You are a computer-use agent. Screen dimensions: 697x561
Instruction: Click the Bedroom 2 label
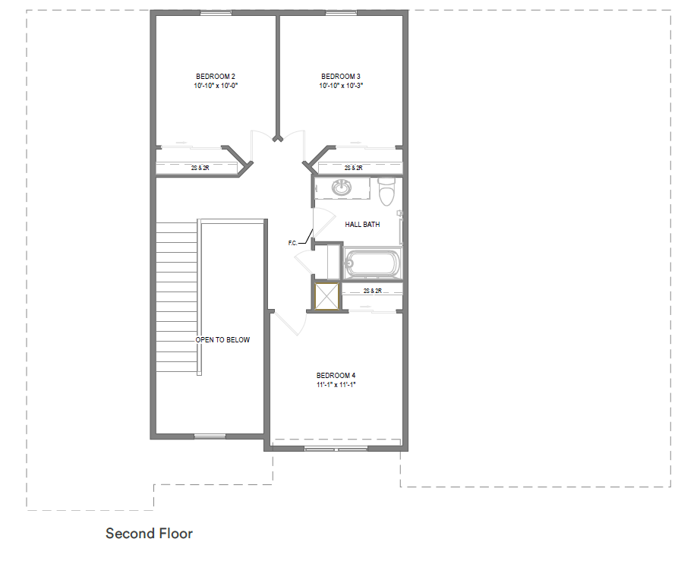click(x=216, y=77)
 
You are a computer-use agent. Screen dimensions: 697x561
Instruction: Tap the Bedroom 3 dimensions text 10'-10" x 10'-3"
click(x=341, y=86)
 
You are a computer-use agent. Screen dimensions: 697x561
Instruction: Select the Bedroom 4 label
click(x=336, y=376)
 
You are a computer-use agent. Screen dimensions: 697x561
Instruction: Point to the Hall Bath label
click(x=362, y=225)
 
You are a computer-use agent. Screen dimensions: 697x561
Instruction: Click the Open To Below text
click(x=222, y=339)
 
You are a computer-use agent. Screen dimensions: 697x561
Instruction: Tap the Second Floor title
click(x=150, y=534)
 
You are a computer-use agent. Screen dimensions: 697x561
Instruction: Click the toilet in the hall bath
click(x=386, y=191)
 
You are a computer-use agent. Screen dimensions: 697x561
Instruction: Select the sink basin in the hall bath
click(x=342, y=188)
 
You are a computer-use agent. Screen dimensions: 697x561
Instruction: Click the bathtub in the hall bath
click(x=373, y=263)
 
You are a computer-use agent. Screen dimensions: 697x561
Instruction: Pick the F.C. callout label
click(x=292, y=243)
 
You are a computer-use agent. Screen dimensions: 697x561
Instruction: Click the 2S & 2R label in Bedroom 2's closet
click(x=200, y=168)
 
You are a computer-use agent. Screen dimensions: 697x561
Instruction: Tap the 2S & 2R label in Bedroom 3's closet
click(x=353, y=168)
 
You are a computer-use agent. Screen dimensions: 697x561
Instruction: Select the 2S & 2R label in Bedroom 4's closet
click(x=373, y=291)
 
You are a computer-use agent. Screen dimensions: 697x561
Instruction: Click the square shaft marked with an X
click(x=326, y=296)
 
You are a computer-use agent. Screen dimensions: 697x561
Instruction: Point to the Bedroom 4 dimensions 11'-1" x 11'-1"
click(x=336, y=385)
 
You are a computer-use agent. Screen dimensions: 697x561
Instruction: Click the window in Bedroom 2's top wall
click(x=216, y=13)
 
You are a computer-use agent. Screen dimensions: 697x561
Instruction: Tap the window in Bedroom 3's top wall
click(x=341, y=13)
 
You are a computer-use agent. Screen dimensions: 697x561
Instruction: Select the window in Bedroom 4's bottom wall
click(x=336, y=449)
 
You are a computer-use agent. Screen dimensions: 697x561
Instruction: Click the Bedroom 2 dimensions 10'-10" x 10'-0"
click(x=216, y=86)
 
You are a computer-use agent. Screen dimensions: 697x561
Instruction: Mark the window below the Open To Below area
click(x=210, y=437)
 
